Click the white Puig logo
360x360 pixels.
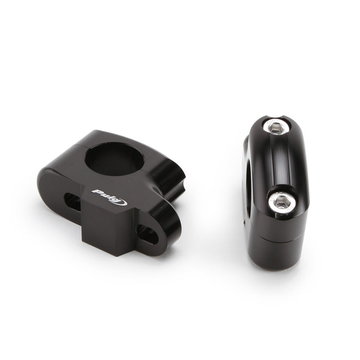coord(109,197)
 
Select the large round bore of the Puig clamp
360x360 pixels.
coord(115,159)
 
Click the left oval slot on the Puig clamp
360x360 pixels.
coord(72,202)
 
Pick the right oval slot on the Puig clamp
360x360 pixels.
coord(147,234)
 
